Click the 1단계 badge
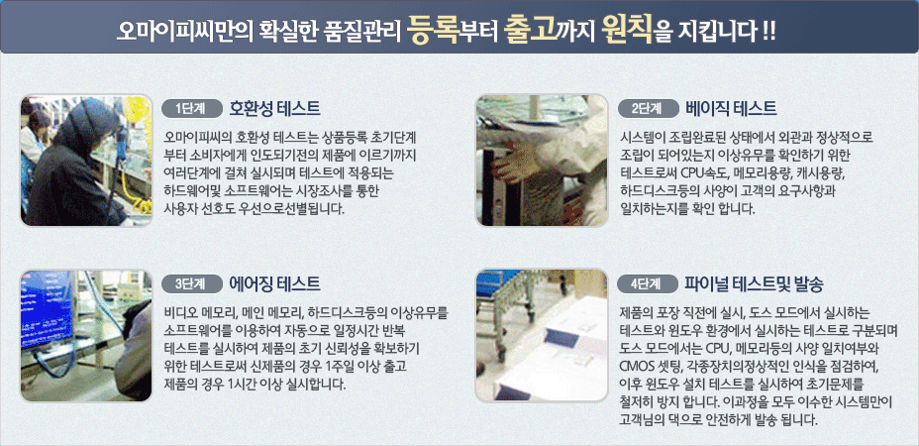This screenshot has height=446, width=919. pyautogui.click(x=192, y=108)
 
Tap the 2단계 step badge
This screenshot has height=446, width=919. pyautogui.click(x=647, y=108)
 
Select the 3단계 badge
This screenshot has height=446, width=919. pyautogui.click(x=192, y=284)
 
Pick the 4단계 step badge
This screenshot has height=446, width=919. pyautogui.click(x=647, y=284)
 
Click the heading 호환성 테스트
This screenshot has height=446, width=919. pyautogui.click(x=275, y=108)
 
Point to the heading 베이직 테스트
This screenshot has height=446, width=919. pyautogui.click(x=731, y=108)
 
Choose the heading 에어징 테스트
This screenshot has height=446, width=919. pyautogui.click(x=275, y=284)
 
